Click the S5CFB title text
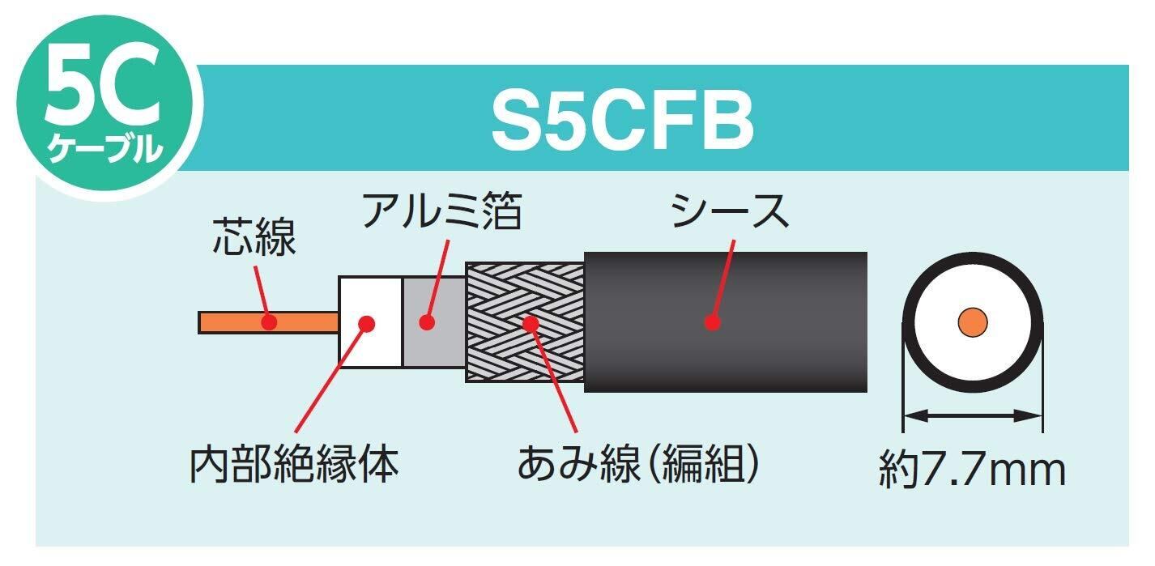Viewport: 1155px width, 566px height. click(x=622, y=123)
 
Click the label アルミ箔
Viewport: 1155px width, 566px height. click(x=441, y=212)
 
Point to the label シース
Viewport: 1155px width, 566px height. click(x=729, y=212)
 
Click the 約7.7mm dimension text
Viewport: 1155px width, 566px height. click(x=972, y=470)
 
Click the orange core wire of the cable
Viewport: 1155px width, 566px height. click(x=235, y=322)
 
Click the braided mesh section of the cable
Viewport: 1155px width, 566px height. click(x=502, y=356)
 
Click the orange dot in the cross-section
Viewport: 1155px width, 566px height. click(x=972, y=321)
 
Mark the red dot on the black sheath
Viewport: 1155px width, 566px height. click(x=712, y=322)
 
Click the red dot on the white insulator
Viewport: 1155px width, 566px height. click(x=366, y=322)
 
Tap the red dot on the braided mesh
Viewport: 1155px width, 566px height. click(x=531, y=322)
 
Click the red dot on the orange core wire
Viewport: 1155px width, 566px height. click(x=270, y=322)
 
